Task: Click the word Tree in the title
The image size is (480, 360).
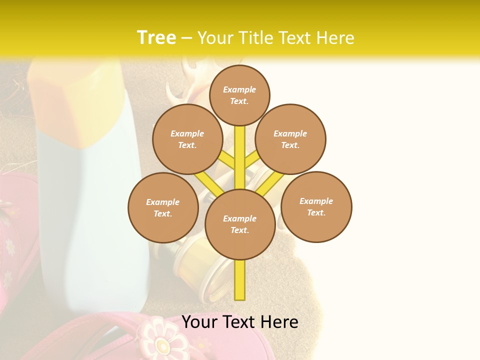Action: click(156, 37)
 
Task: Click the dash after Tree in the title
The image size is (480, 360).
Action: click(186, 38)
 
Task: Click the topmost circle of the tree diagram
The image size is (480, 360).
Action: click(239, 95)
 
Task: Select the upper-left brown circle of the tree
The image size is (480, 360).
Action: click(187, 139)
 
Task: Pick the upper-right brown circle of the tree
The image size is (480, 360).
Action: click(290, 139)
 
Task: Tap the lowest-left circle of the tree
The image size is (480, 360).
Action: click(163, 207)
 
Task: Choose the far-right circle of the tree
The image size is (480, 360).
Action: click(316, 206)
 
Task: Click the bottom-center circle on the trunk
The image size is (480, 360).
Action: click(240, 224)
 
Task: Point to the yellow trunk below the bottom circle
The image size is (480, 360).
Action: click(240, 280)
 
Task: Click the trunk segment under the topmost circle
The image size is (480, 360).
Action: click(240, 150)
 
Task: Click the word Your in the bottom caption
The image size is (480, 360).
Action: click(200, 322)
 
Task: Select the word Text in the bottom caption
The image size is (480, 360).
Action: click(240, 322)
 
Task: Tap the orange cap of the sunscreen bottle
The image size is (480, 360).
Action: click(75, 105)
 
